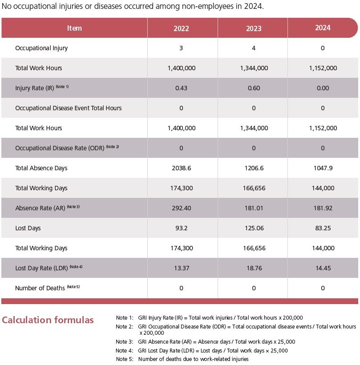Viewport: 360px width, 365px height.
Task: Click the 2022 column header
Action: coord(181,28)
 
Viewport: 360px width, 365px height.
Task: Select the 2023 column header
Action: coord(254,28)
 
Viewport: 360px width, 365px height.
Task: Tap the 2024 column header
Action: coord(323,28)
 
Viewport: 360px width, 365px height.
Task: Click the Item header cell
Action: coord(74,28)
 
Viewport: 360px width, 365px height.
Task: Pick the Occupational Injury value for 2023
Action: coord(254,48)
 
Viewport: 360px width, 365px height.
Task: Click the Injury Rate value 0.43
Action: coord(181,88)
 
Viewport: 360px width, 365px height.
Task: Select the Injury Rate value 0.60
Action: coord(254,88)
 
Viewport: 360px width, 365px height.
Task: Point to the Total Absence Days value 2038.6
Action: coord(181,168)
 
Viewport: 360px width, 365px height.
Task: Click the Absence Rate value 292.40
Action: coord(181,208)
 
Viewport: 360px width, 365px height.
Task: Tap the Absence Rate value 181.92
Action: coord(323,208)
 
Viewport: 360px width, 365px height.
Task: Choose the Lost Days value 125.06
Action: coord(254,228)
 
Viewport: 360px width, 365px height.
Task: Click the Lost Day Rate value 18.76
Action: coord(254,268)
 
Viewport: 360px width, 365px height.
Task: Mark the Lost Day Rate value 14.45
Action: coord(323,268)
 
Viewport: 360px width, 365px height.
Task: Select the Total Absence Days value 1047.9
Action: coord(323,168)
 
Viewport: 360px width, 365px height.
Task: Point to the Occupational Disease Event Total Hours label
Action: coord(68,108)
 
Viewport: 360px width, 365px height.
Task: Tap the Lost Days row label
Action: coord(28,228)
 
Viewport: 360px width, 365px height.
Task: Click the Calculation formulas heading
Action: coord(48,320)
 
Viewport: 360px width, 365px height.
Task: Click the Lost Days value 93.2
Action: coord(181,228)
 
